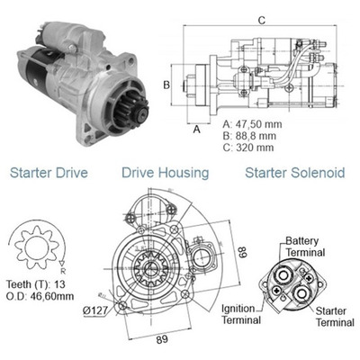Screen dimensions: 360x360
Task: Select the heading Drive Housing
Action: (166, 171)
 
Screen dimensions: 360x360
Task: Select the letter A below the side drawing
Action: (196, 130)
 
